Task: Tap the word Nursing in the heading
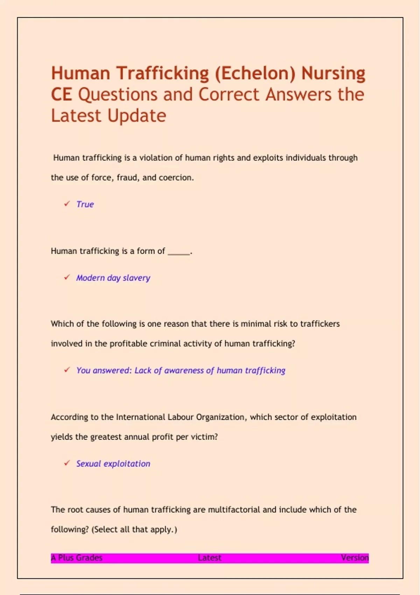(x=333, y=73)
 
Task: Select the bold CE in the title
(x=62, y=95)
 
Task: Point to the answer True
(x=85, y=204)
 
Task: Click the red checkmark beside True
(x=67, y=204)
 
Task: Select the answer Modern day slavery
(x=113, y=278)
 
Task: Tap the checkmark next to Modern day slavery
(x=67, y=277)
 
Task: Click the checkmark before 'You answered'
(x=67, y=370)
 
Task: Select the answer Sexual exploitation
(x=113, y=464)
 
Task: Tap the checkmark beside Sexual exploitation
(x=67, y=463)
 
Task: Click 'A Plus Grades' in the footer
(x=77, y=558)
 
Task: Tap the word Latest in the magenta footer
(x=209, y=558)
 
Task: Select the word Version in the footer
(x=355, y=558)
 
